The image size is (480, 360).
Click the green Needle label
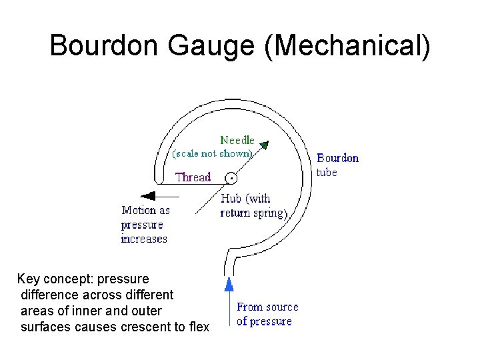pyautogui.click(x=237, y=140)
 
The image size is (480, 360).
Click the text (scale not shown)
pyautogui.click(x=212, y=153)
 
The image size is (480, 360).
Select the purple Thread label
pyautogui.click(x=193, y=177)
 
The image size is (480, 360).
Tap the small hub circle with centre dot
pyautogui.click(x=231, y=178)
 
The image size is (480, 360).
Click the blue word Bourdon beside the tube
pyautogui.click(x=337, y=158)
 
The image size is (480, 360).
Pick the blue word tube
pyautogui.click(x=327, y=172)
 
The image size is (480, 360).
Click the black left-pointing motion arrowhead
pyautogui.click(x=149, y=196)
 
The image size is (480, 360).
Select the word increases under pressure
pyautogui.click(x=144, y=239)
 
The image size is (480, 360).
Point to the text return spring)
pyautogui.click(x=253, y=213)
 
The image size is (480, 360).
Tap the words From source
pyautogui.click(x=267, y=307)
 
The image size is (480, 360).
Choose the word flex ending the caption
pyautogui.click(x=198, y=327)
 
